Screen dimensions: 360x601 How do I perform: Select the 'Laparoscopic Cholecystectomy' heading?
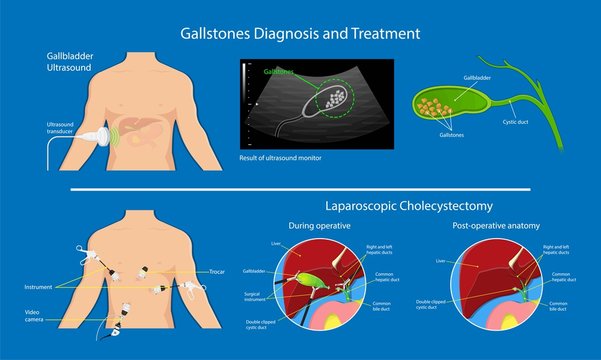410,206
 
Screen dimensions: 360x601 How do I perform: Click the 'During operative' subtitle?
319,227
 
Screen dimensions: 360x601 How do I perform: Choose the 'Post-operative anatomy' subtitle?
492,227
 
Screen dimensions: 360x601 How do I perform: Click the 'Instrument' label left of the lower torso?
37,287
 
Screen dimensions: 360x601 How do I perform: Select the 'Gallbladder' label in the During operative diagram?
256,270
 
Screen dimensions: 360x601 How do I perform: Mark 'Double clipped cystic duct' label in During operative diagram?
262,322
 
